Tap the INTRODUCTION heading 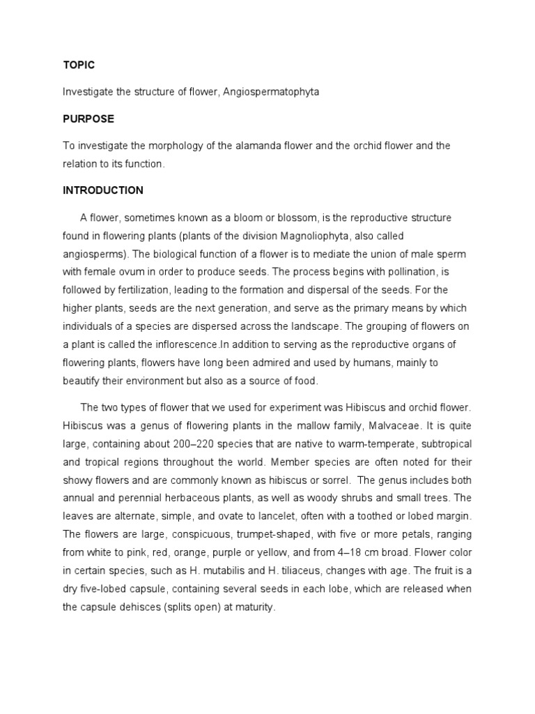click(x=103, y=190)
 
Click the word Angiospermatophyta click(x=272, y=92)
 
